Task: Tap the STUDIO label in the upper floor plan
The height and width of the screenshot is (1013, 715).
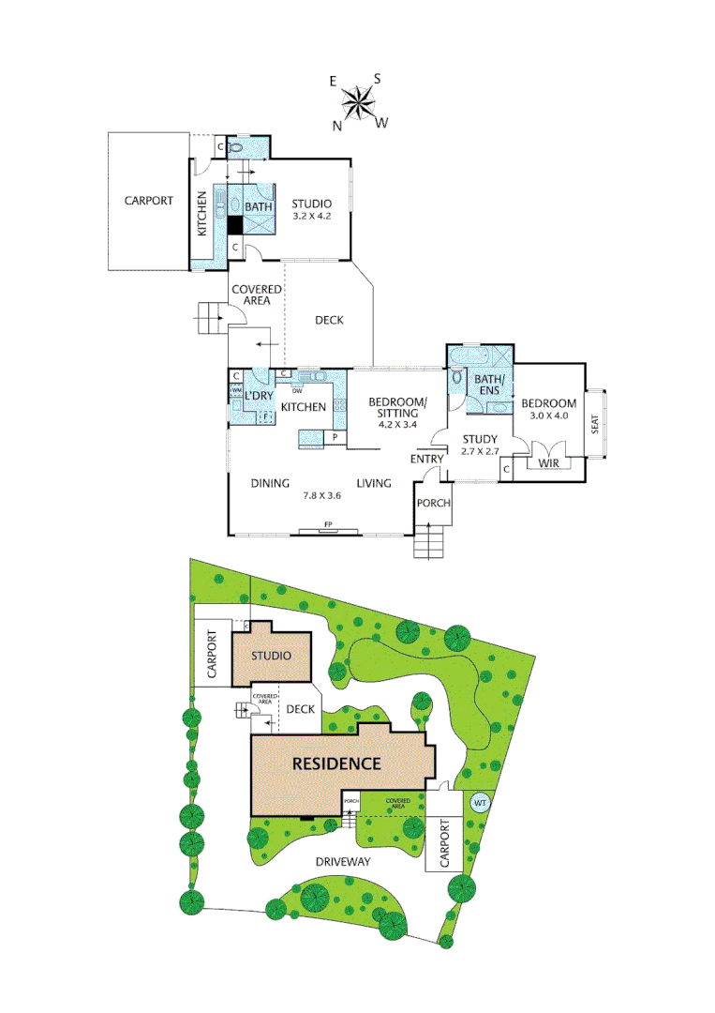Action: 309,204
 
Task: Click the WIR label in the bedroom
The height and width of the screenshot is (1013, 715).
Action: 545,461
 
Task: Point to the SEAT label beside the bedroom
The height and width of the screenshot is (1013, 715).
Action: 595,425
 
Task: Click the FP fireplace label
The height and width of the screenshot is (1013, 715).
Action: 328,523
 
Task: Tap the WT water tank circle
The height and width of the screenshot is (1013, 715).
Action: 479,803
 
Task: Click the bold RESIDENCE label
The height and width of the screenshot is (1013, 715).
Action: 336,763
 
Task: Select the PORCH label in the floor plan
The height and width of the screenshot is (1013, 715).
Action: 434,503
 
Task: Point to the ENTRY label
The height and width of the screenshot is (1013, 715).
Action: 426,459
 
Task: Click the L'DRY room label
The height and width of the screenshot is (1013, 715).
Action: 258,396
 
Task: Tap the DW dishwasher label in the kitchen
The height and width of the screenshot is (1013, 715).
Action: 297,390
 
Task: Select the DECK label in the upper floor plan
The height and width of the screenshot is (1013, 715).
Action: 329,320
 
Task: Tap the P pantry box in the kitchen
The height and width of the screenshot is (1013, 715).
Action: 335,437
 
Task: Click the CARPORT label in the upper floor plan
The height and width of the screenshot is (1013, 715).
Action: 149,201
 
